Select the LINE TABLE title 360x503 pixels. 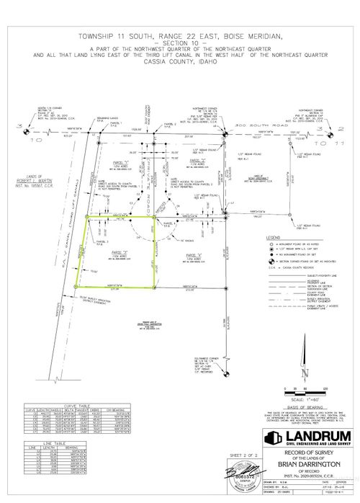48,444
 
